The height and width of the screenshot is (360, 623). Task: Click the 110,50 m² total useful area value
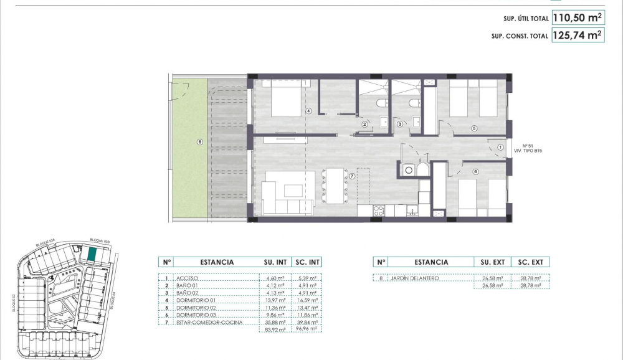578,18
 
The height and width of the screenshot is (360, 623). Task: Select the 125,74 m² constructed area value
578,36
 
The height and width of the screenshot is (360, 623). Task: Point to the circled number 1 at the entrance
501,148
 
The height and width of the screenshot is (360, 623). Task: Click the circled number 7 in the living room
352,176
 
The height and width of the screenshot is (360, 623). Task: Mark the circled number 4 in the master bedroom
308,111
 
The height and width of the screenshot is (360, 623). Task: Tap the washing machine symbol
409,169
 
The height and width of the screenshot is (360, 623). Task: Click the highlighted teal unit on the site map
91,255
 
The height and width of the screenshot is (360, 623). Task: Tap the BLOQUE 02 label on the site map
13,303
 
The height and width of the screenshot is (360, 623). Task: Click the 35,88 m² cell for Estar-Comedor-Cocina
275,323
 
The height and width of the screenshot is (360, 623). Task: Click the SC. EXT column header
531,262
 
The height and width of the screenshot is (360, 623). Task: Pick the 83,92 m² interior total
275,330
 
